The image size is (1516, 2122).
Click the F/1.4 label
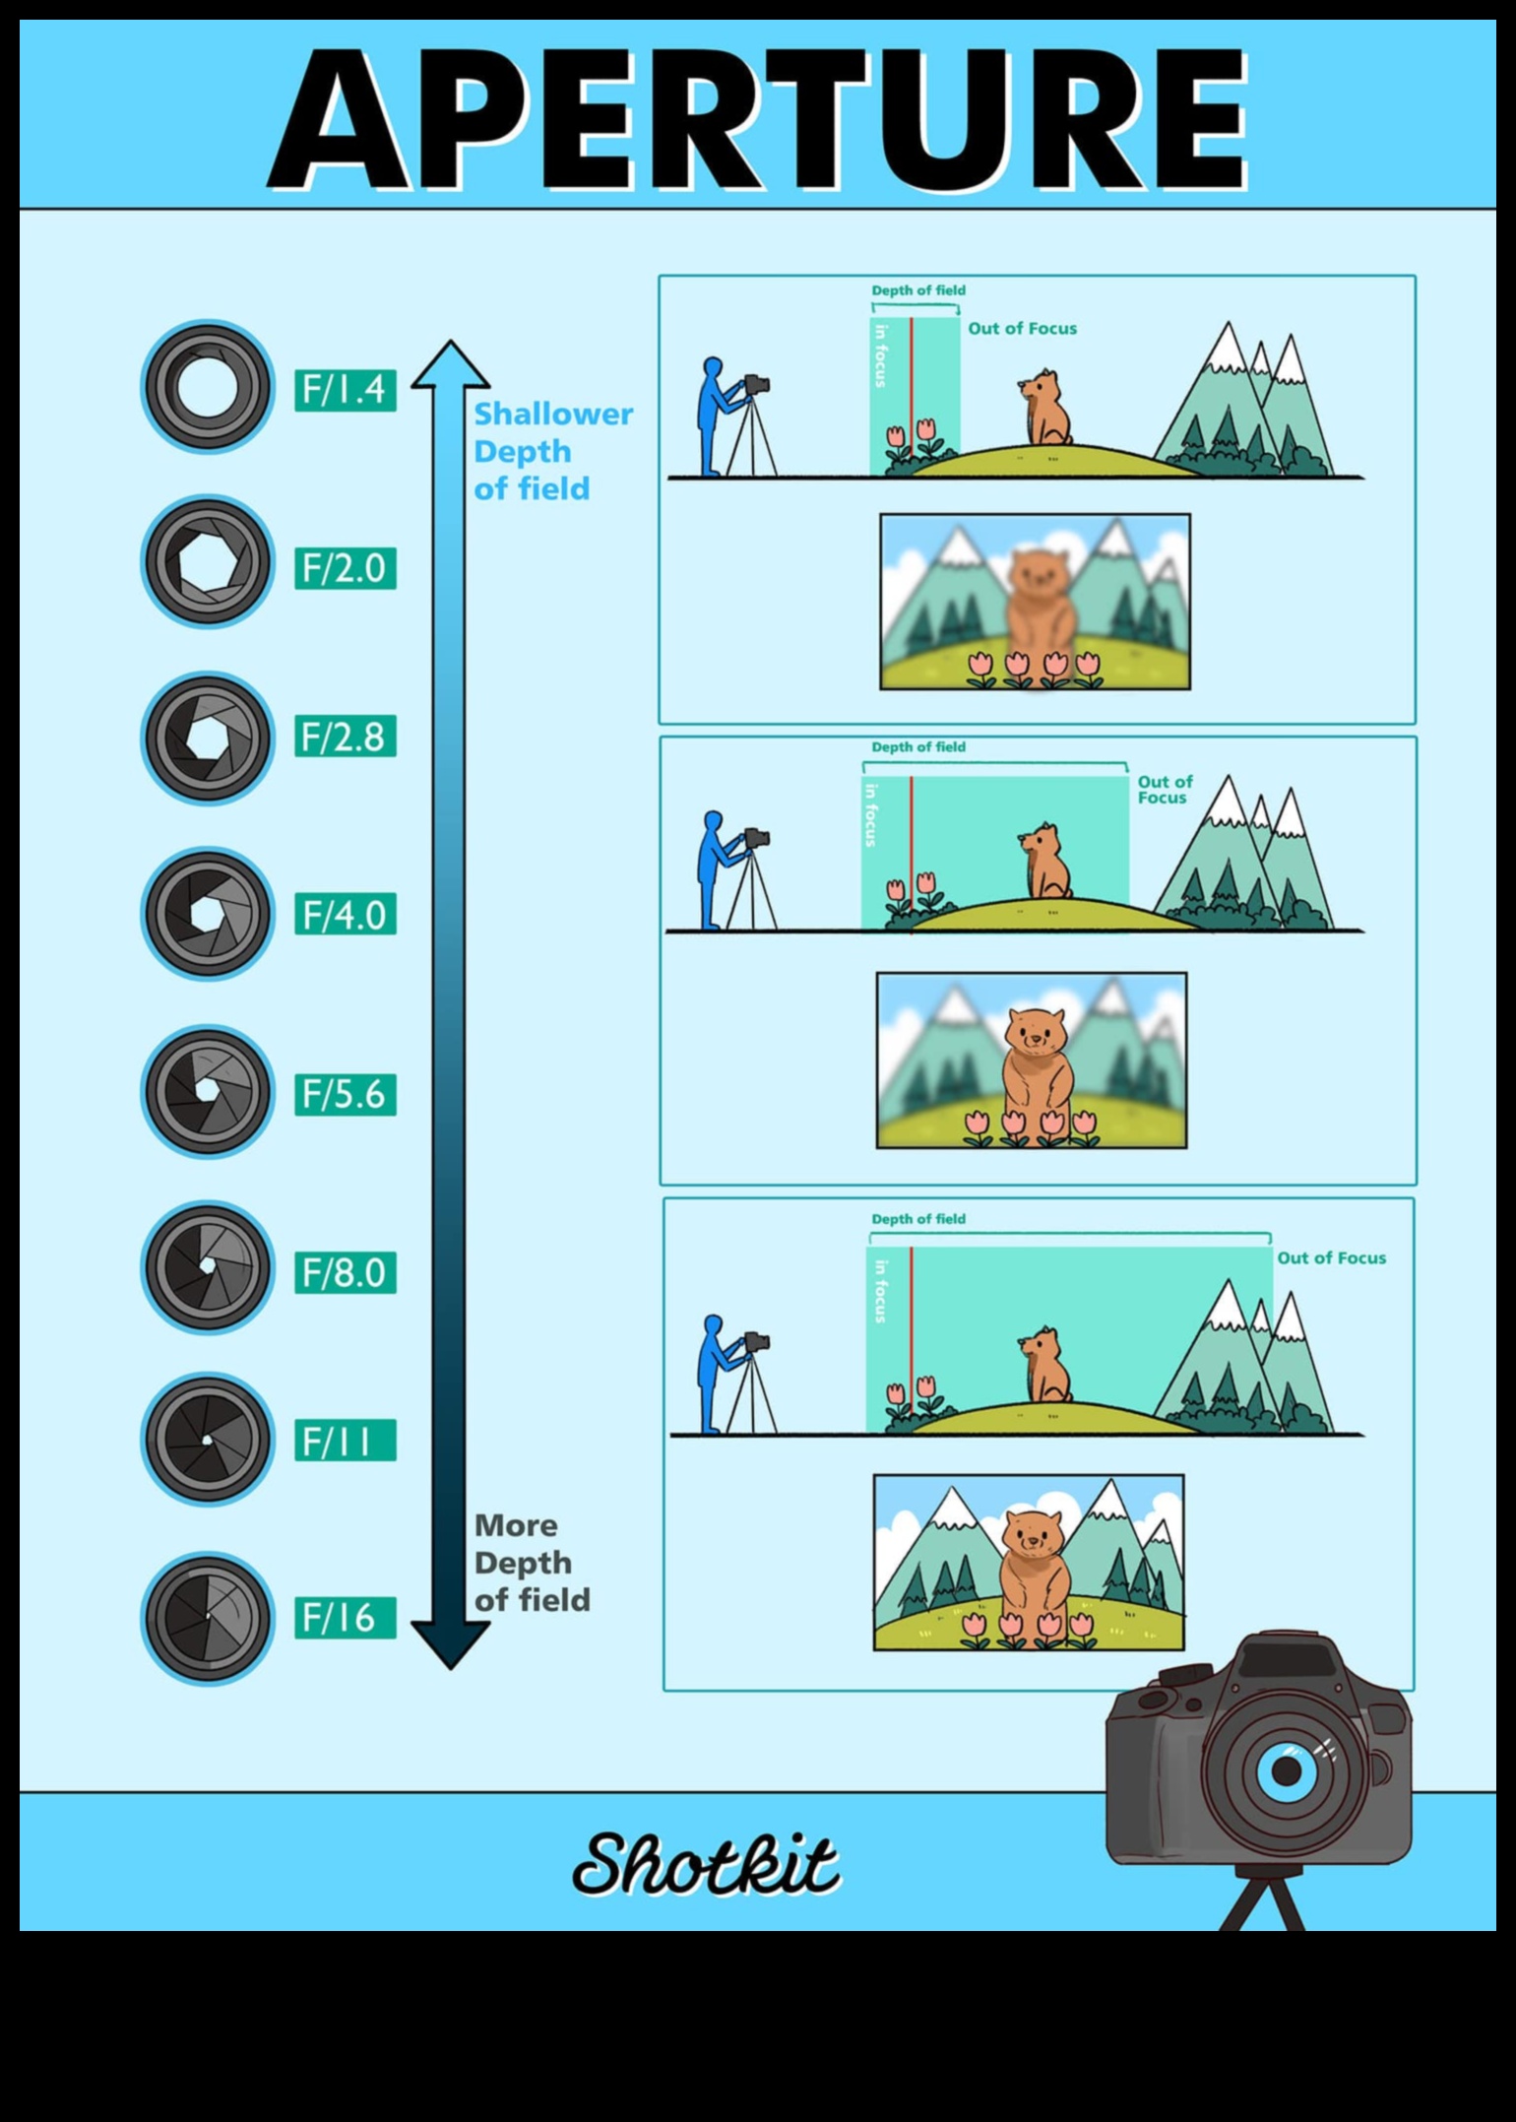tap(345, 390)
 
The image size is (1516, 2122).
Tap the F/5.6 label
tap(345, 1094)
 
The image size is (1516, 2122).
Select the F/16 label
tap(345, 1618)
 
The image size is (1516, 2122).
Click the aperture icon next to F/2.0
tap(208, 561)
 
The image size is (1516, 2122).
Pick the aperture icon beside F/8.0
tap(208, 1267)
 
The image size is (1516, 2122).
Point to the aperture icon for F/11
tap(208, 1440)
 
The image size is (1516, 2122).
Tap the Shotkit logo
tap(706, 1863)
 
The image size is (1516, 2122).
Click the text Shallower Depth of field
tap(551, 451)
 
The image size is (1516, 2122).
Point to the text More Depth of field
tap(532, 1563)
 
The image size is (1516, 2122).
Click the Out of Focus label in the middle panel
tap(1165, 789)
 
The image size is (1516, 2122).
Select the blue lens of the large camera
tap(1286, 1769)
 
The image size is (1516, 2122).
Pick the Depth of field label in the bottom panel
tap(917, 1218)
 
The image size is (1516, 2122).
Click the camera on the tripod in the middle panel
tap(756, 839)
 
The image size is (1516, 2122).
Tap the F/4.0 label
tap(345, 915)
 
